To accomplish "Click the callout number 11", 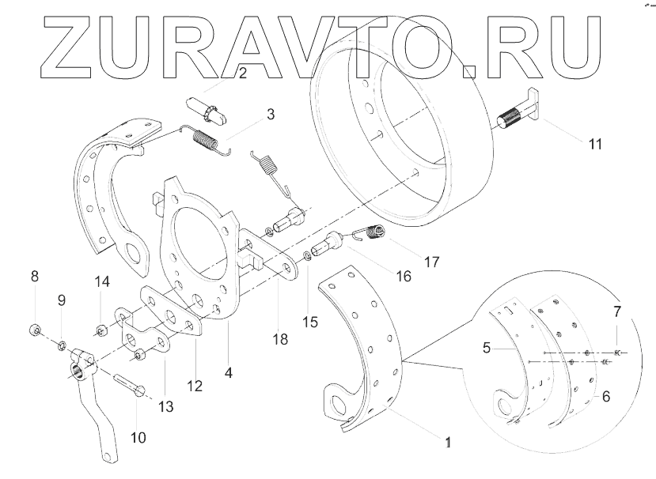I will click(x=595, y=144).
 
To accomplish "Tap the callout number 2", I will click(x=242, y=74).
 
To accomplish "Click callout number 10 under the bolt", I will click(x=138, y=436).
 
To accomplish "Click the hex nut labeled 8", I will click(x=35, y=328).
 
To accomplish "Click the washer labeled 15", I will click(x=307, y=257).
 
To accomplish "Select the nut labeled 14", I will click(x=100, y=329).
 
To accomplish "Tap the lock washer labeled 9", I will click(x=60, y=345).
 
